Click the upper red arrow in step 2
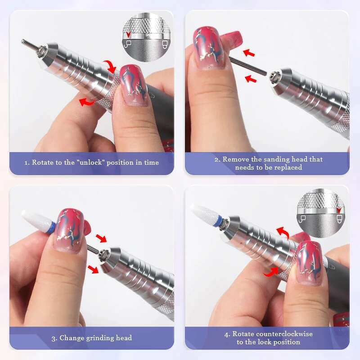[248, 54]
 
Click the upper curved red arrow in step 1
[109, 67]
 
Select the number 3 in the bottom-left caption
[54, 337]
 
